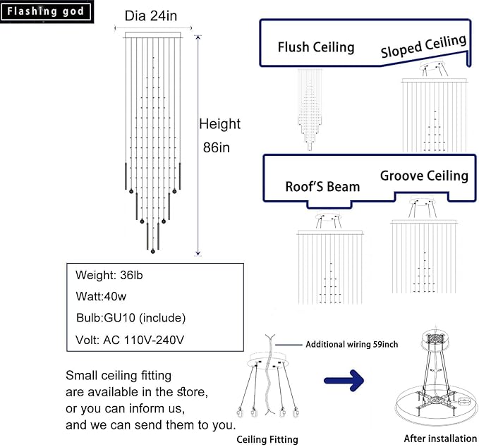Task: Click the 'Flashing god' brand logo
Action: [x=46, y=11]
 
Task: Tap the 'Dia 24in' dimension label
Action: [x=151, y=16]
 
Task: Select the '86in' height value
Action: [x=217, y=147]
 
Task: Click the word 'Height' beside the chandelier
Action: [x=219, y=124]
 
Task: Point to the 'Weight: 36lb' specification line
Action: [x=109, y=275]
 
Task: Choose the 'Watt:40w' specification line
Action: [x=101, y=296]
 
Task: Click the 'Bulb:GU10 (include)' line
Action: [x=131, y=318]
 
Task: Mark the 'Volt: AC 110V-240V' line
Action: [x=130, y=340]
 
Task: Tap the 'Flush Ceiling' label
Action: [x=316, y=47]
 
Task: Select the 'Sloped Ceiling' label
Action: [x=424, y=46]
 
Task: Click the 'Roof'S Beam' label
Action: [x=322, y=187]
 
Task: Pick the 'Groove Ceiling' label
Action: [x=424, y=176]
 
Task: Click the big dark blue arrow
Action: [x=344, y=381]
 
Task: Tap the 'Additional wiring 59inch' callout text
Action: [x=351, y=344]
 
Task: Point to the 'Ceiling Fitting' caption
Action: [x=267, y=439]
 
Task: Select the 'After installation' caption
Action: [x=440, y=439]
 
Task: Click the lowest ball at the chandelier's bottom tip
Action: [x=153, y=252]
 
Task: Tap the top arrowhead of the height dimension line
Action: [x=198, y=37]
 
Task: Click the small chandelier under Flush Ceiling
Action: [x=310, y=109]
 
